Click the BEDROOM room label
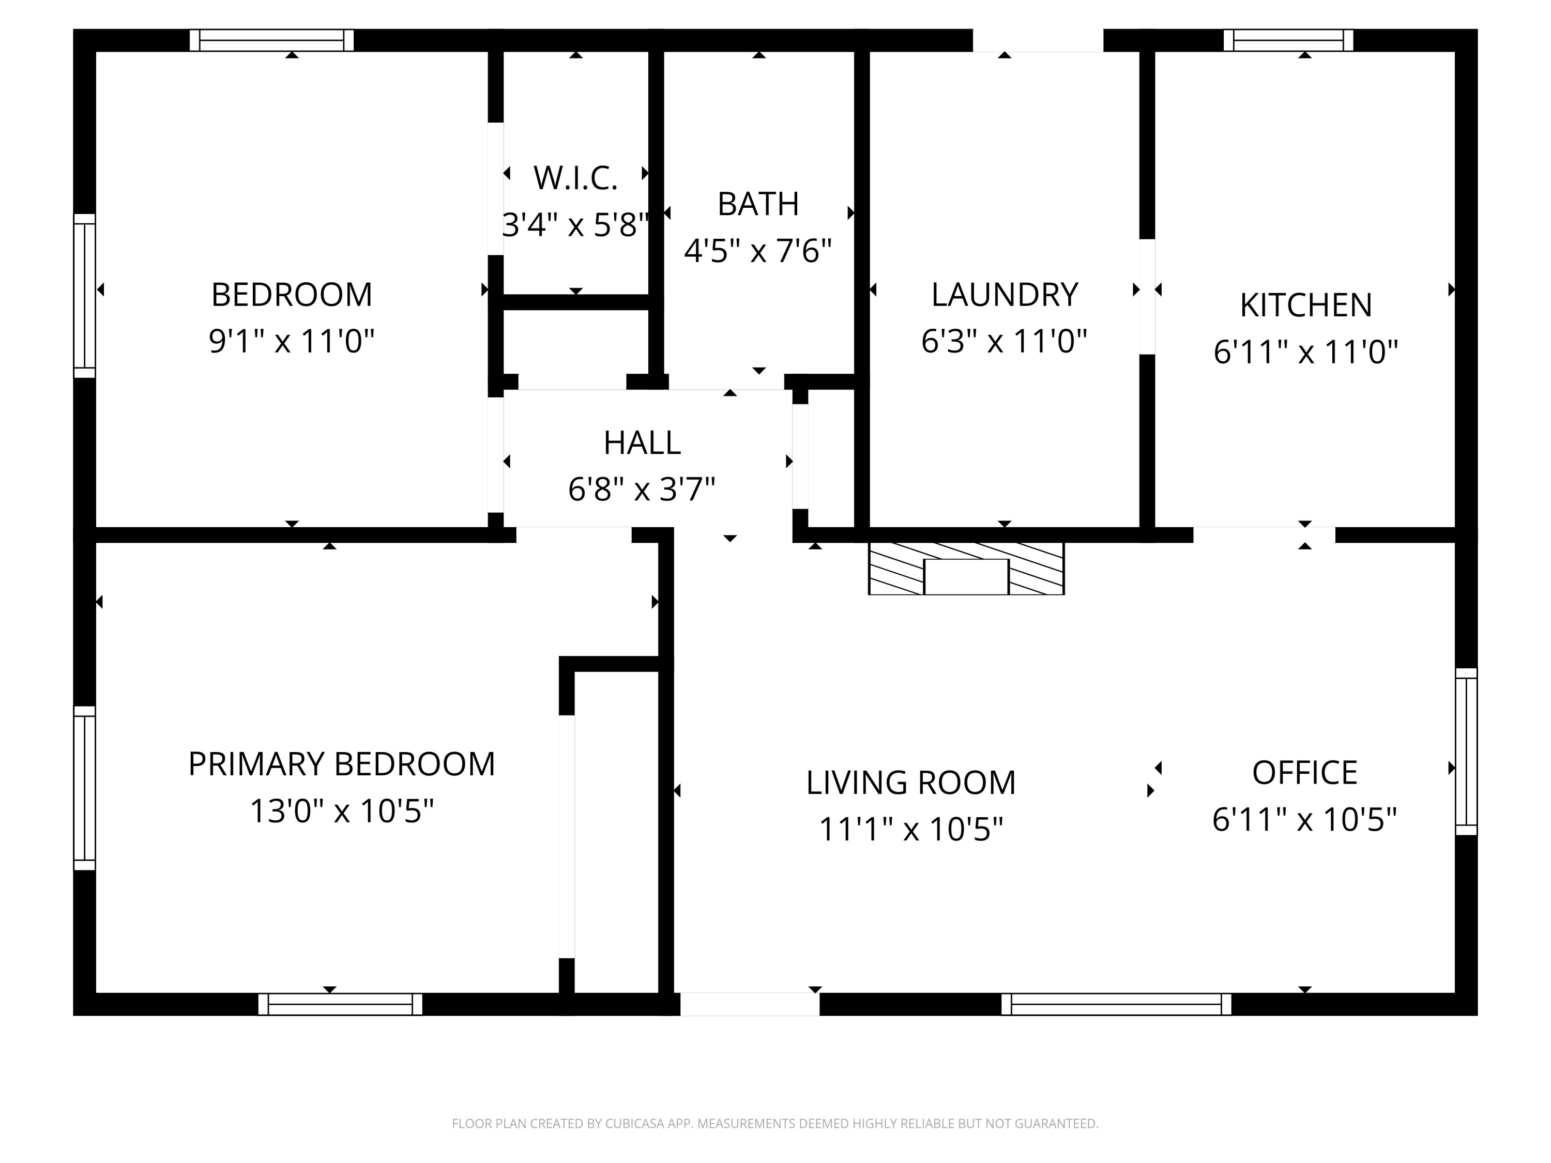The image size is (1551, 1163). [292, 295]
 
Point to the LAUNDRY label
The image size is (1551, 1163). [1004, 295]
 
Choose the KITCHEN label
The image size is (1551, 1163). [1305, 305]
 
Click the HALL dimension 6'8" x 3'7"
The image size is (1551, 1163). [642, 489]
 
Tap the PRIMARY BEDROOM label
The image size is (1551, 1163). [341, 764]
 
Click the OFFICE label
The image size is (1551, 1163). [1304, 773]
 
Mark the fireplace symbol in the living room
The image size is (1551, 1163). [966, 569]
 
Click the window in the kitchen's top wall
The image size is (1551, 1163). [1288, 40]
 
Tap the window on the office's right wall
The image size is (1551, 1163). [1466, 751]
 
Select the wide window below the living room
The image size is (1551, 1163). [1116, 1004]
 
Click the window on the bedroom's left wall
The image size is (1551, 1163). [84, 295]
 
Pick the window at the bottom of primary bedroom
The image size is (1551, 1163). [340, 1004]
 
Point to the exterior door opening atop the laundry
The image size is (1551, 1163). [1038, 40]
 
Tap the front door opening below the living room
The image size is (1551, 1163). [750, 1004]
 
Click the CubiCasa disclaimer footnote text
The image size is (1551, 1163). [775, 1123]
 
